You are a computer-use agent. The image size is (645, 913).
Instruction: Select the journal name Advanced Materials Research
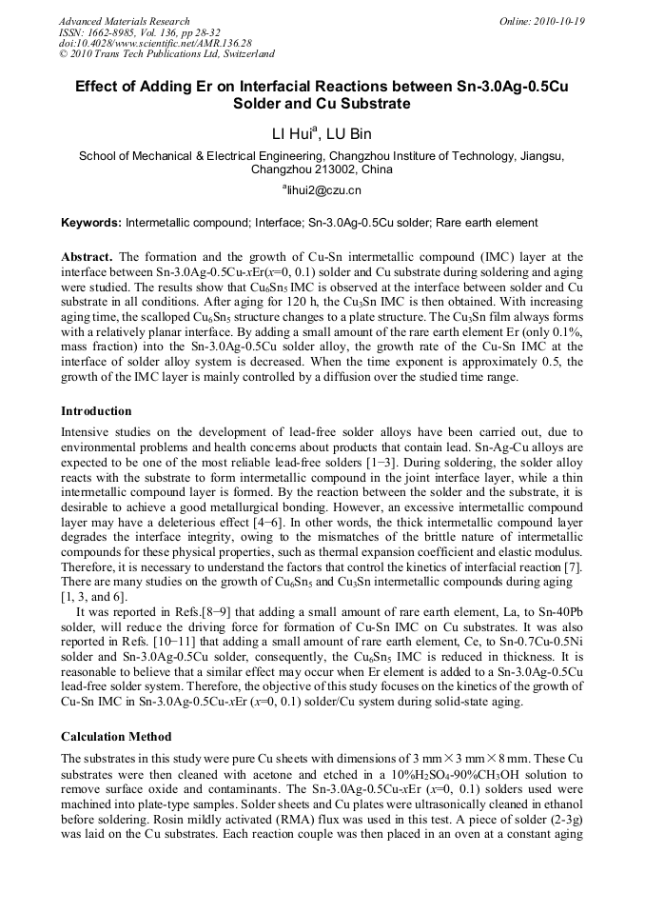[x=124, y=21]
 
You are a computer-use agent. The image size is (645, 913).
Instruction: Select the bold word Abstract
[x=88, y=257]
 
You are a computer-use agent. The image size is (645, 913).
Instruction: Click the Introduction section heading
[x=96, y=411]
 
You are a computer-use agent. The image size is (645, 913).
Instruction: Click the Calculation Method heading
[x=116, y=736]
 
